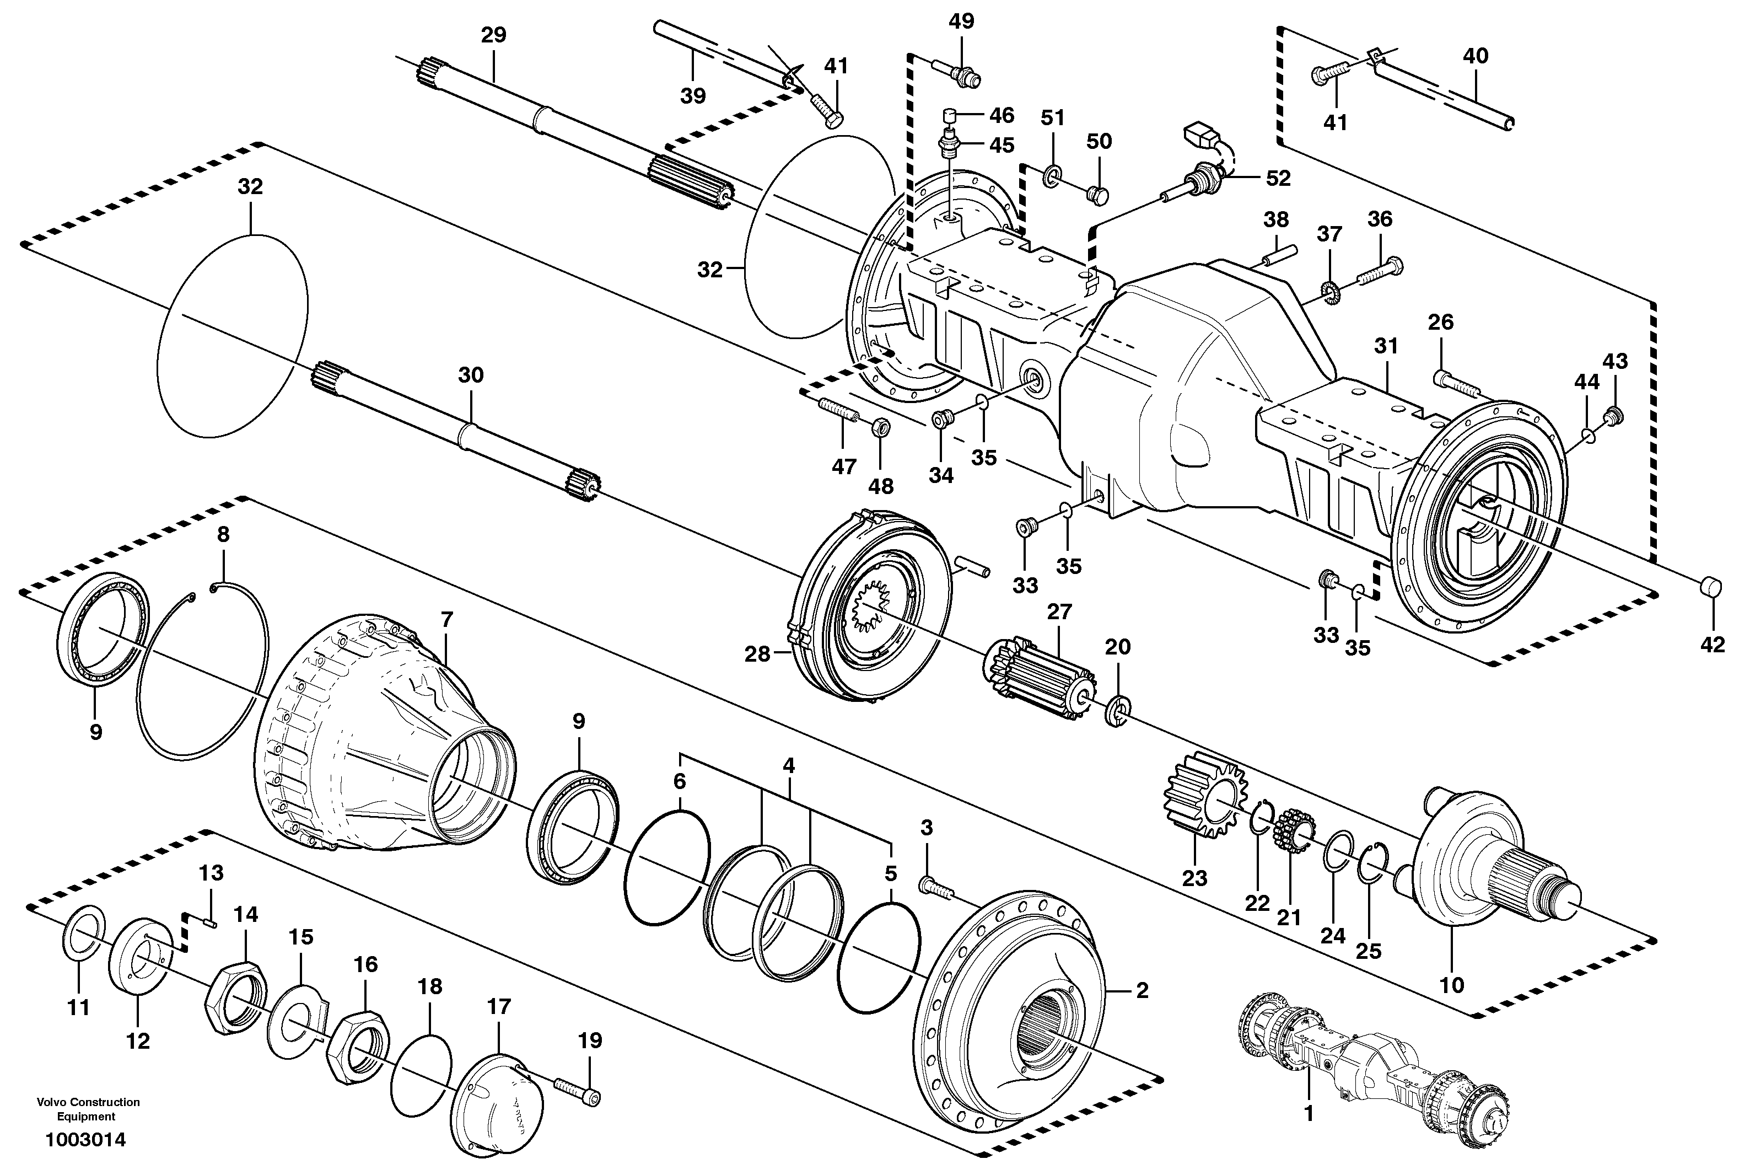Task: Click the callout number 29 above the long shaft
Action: click(x=493, y=35)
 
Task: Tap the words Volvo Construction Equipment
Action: click(x=88, y=1109)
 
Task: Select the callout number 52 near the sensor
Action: click(x=1278, y=178)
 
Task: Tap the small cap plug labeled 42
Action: click(x=1708, y=607)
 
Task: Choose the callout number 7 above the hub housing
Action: click(x=446, y=620)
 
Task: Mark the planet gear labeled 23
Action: click(x=1202, y=805)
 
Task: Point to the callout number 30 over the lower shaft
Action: click(x=471, y=375)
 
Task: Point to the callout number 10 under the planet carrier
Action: click(x=1452, y=984)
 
